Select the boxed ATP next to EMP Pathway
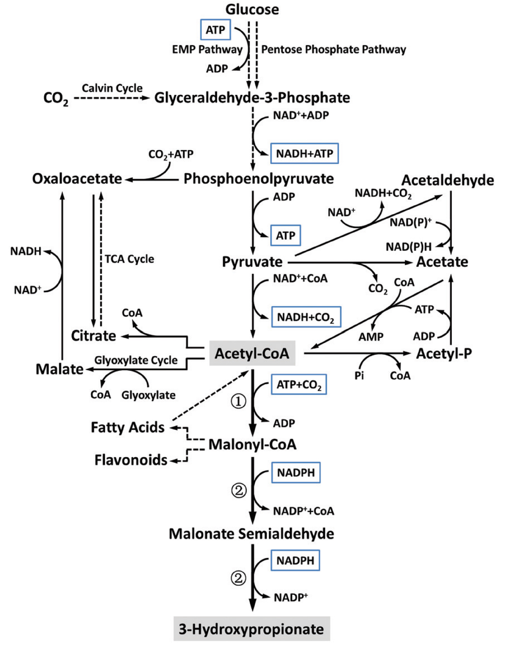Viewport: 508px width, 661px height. pos(216,30)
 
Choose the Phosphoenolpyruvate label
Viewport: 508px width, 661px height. pos(258,179)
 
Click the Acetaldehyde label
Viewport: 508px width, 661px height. pos(447,181)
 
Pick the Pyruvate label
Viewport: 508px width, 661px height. pos(252,262)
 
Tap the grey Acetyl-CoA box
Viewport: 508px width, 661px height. pos(252,353)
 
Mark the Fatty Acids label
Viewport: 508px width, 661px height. pos(128,427)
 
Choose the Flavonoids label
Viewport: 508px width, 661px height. pos(131,460)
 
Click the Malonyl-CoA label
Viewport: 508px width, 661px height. pos(252,444)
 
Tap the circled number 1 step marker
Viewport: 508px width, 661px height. pos(239,402)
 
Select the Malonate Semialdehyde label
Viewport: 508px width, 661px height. pos(251,534)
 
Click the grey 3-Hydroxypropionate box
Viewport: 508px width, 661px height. pos(251,629)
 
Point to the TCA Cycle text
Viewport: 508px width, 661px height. pos(129,259)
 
